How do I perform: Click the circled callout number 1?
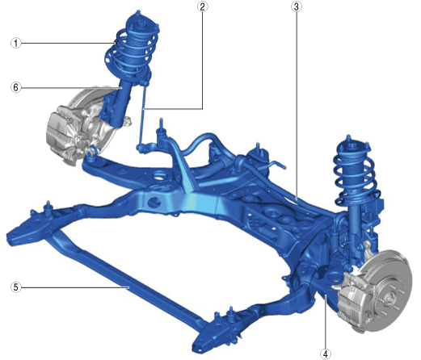pos(16,43)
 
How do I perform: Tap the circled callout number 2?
pos(202,6)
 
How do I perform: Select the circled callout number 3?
pos(296,6)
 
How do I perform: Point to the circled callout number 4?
pos(326,354)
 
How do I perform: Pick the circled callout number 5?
pos(16,287)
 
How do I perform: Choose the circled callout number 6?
pos(16,87)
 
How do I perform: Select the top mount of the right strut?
pos(352,147)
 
